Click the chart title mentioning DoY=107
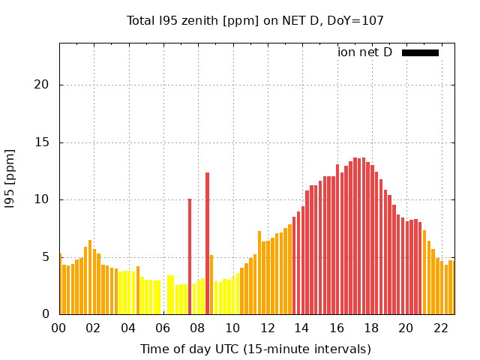(255, 21)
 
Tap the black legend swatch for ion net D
(420, 52)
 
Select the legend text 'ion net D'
(364, 52)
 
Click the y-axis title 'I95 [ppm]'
(10, 178)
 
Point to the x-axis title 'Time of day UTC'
(255, 349)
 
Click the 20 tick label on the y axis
(43, 85)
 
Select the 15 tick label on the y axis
(43, 142)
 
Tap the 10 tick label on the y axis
(43, 199)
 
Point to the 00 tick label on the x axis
(59, 328)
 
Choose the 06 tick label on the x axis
(163, 328)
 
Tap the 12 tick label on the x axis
(267, 328)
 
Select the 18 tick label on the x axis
(371, 328)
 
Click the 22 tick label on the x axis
(440, 328)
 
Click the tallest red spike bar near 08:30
(207, 244)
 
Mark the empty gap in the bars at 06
(163, 300)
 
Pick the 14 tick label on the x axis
(301, 328)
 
